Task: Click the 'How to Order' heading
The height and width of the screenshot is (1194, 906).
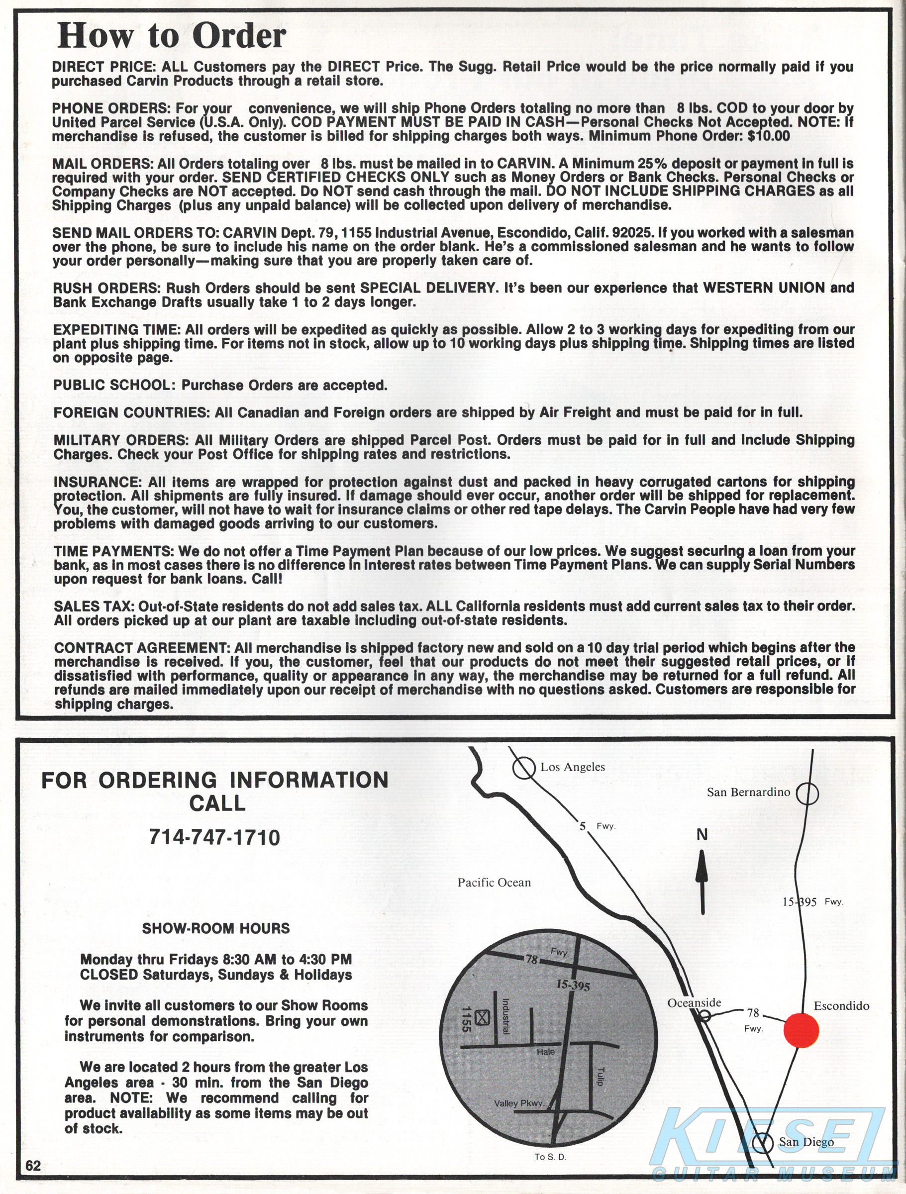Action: point(171,36)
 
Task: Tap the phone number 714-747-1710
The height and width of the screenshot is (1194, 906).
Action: point(214,837)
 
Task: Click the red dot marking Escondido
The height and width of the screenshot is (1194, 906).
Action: point(801,1030)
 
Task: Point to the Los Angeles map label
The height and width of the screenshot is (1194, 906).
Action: point(572,767)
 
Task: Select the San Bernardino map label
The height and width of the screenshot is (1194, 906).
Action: point(748,792)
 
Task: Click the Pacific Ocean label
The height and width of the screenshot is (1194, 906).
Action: point(494,883)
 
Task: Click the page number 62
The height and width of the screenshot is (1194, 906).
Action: point(33,1165)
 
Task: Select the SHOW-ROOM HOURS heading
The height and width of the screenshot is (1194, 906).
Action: point(216,928)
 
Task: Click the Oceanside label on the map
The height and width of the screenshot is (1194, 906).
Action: point(694,1002)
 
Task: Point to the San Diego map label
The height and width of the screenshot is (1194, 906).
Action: point(806,1142)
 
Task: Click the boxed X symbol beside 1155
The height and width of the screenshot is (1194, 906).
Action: point(483,1018)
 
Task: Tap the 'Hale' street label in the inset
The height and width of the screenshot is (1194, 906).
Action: point(545,1052)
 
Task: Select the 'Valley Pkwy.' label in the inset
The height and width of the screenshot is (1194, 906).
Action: point(519,1103)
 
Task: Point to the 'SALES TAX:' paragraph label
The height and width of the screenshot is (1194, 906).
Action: point(94,606)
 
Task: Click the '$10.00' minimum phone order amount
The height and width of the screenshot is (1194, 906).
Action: point(768,136)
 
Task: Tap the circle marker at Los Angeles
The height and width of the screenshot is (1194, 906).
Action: point(523,768)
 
